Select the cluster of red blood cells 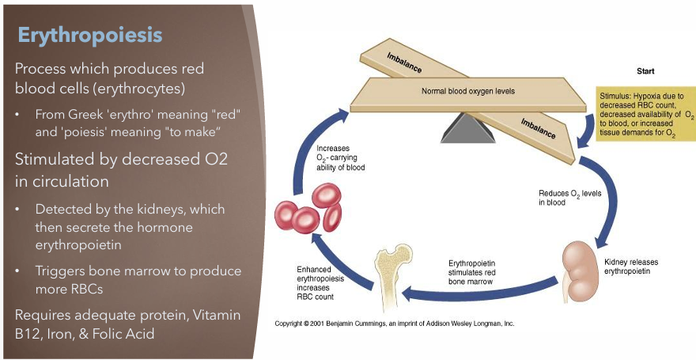pos(308,208)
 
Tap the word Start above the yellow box pos(645,71)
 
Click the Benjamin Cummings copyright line pos(394,324)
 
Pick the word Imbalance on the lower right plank pos(537,125)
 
